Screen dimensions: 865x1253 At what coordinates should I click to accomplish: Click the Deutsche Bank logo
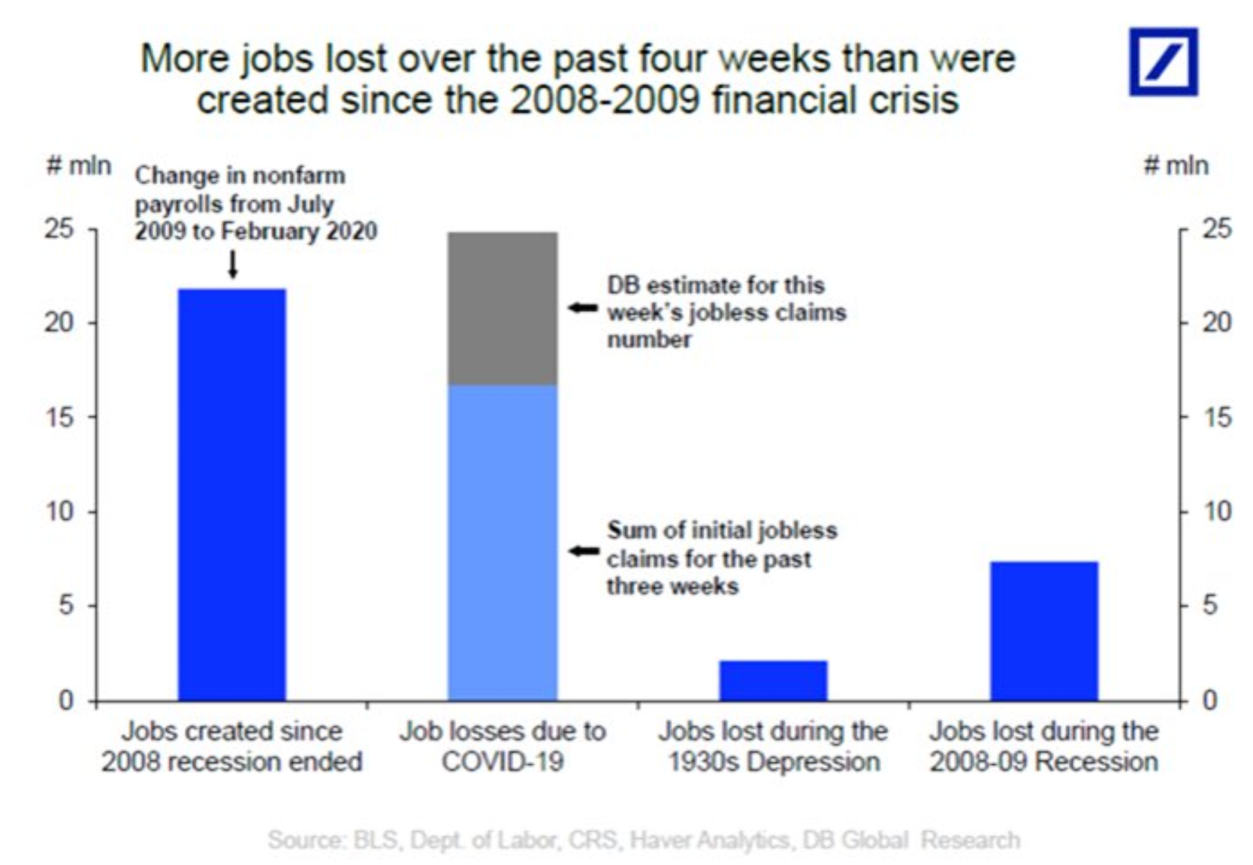pyautogui.click(x=1162, y=62)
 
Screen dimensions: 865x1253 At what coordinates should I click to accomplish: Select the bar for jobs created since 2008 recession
pyautogui.click(x=232, y=494)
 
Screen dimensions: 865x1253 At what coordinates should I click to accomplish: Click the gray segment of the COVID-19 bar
pyautogui.click(x=502, y=308)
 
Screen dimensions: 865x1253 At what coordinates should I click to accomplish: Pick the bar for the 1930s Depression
pyautogui.click(x=773, y=680)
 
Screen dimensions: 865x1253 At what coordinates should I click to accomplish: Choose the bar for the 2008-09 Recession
pyautogui.click(x=1044, y=630)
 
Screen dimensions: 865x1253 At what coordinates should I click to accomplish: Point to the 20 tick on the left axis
pyautogui.click(x=59, y=322)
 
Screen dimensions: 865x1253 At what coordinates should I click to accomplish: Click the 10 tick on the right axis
pyautogui.click(x=1217, y=511)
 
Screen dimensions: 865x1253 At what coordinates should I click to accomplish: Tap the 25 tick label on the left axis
pyautogui.click(x=59, y=229)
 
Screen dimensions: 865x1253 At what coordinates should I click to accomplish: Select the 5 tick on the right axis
pyautogui.click(x=1210, y=605)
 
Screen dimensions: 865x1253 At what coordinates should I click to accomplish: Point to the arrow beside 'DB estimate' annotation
pyautogui.click(x=583, y=308)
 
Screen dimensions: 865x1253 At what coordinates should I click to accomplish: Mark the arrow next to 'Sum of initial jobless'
pyautogui.click(x=583, y=551)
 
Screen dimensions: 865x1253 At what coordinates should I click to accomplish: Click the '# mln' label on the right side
pyautogui.click(x=1175, y=165)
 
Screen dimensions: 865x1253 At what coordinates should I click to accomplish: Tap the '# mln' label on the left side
pyautogui.click(x=78, y=165)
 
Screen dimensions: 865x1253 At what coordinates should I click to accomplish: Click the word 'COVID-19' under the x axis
pyautogui.click(x=502, y=761)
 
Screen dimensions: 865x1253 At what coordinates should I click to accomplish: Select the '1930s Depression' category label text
pyautogui.click(x=773, y=761)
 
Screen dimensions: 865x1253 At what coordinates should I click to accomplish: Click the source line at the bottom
pyautogui.click(x=644, y=840)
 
